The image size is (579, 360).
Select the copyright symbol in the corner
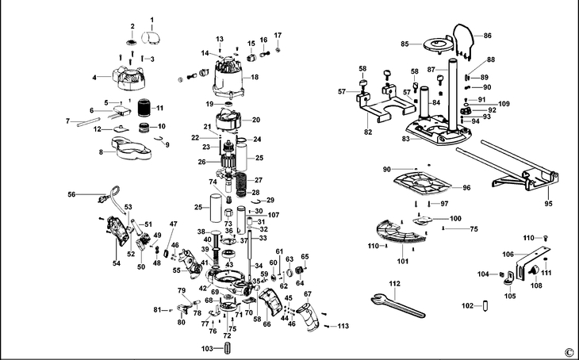pyautogui.click(x=568, y=352)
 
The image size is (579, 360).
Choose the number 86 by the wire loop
pyautogui.click(x=488, y=36)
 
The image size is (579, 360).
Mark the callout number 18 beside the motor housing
pyautogui.click(x=255, y=77)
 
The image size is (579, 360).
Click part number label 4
pyautogui.click(x=94, y=78)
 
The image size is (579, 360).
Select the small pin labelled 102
pyautogui.click(x=490, y=305)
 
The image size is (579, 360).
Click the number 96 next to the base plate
pyautogui.click(x=489, y=188)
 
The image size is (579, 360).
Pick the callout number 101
pyautogui.click(x=402, y=260)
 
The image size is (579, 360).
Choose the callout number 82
pyautogui.click(x=366, y=132)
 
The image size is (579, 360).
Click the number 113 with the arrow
pyautogui.click(x=343, y=326)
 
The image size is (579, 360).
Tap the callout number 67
pyautogui.click(x=308, y=295)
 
